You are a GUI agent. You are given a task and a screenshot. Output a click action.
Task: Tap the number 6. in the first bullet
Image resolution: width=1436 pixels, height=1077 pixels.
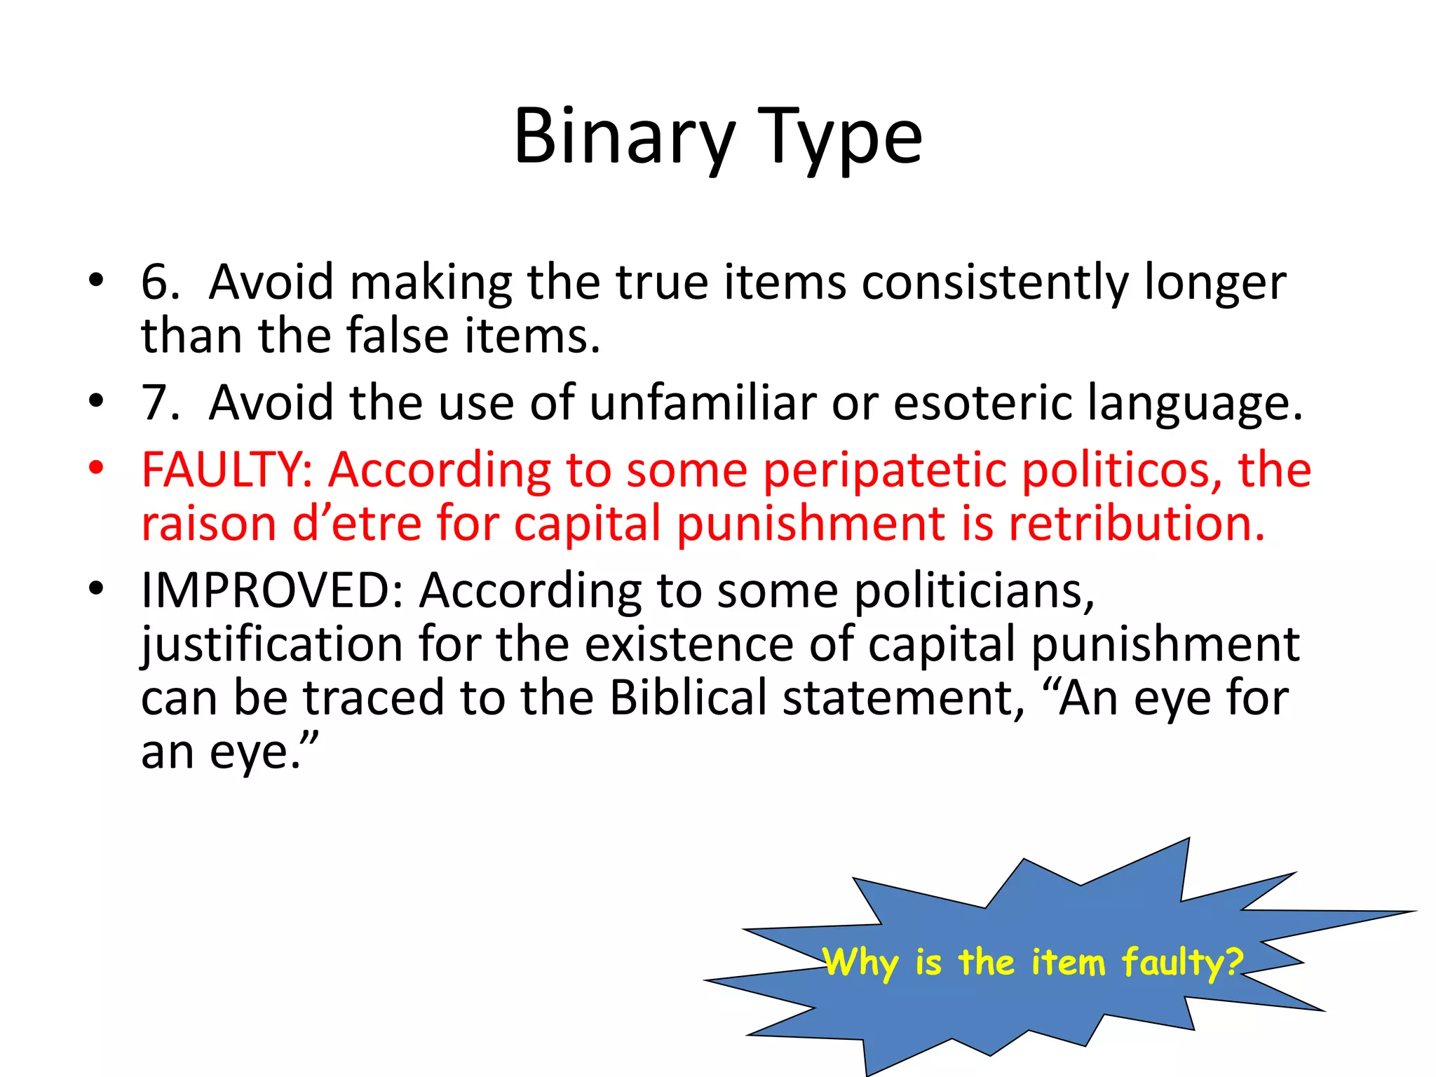161,282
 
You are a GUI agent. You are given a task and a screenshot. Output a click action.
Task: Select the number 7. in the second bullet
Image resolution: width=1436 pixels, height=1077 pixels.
161,402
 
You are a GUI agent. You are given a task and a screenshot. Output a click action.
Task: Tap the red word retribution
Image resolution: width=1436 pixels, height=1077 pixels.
1137,523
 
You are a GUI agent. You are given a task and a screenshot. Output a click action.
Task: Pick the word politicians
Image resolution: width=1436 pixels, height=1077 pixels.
974,591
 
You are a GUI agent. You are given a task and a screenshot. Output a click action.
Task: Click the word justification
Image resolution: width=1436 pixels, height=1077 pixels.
272,644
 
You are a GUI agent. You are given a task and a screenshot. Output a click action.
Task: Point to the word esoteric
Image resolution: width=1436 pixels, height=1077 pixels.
982,402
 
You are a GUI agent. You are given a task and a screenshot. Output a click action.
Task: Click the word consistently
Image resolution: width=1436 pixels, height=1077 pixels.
996,282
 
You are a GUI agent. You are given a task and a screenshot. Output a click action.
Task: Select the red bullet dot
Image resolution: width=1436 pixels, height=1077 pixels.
96,466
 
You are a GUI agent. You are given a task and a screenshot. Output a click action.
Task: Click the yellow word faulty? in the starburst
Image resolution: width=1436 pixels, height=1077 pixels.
1182,962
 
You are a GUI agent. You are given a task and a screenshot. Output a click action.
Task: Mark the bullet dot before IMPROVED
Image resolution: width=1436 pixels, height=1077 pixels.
96,587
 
